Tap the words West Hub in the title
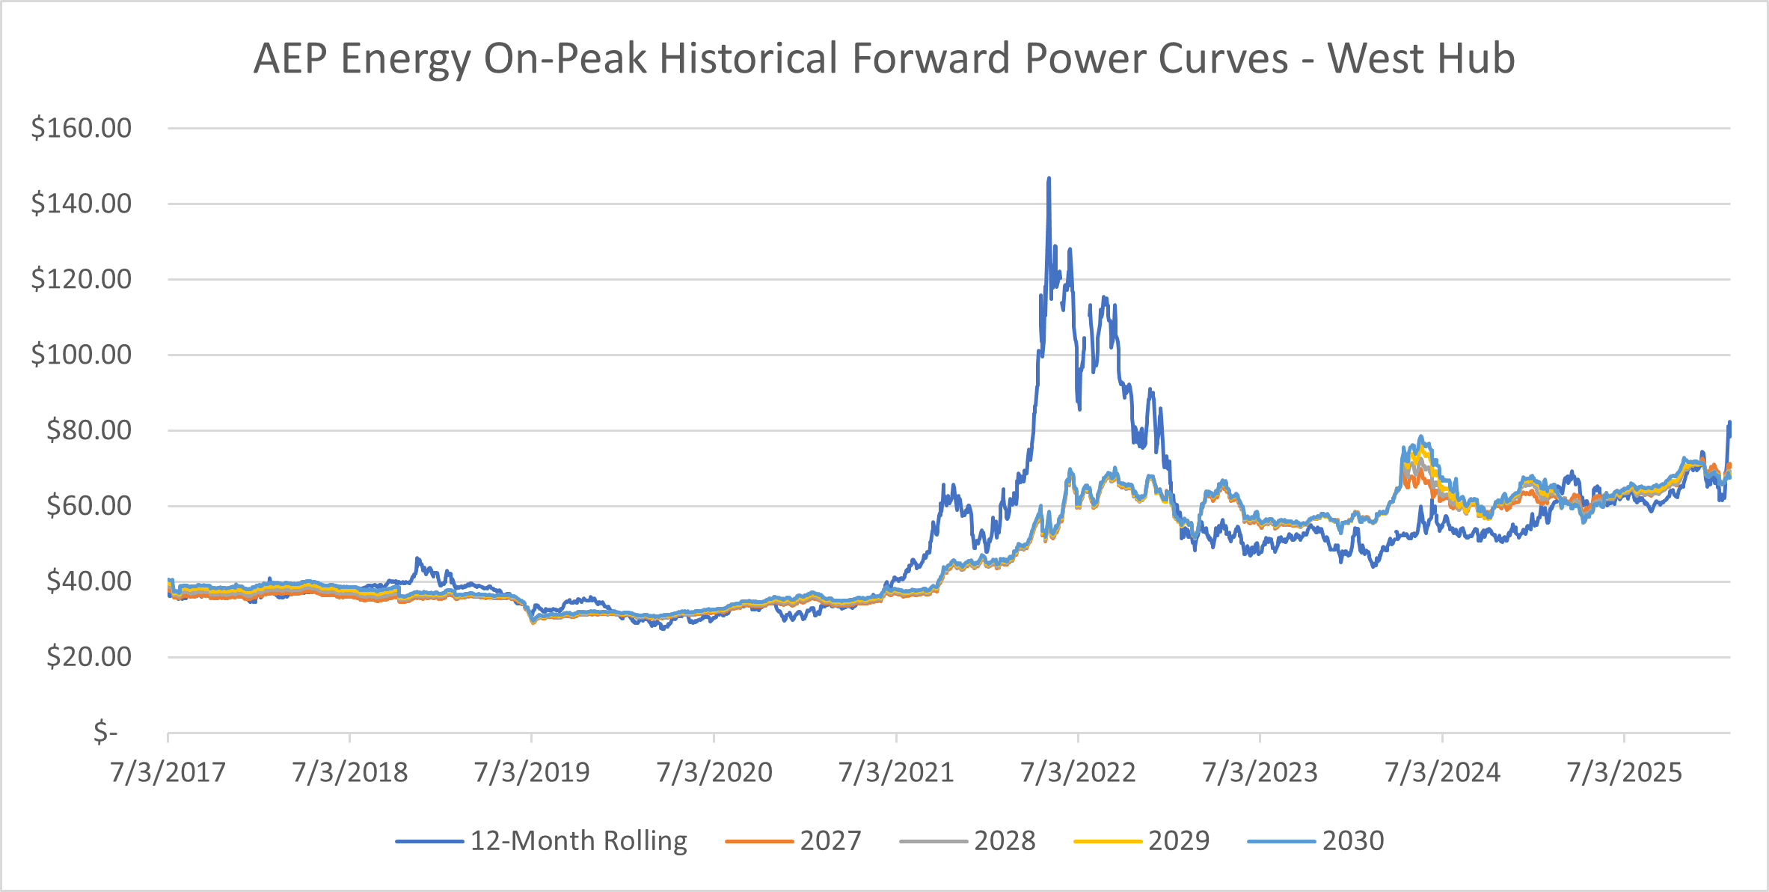point(1421,58)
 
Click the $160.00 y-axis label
point(81,128)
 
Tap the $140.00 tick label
point(81,204)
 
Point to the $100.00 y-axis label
point(81,355)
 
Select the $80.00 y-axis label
point(88,430)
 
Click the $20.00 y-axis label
point(88,657)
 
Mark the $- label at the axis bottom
point(105,732)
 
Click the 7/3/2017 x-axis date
point(168,772)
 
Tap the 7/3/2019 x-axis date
point(532,772)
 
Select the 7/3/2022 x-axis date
point(1078,772)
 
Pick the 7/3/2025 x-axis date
point(1624,772)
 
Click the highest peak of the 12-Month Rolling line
point(1049,179)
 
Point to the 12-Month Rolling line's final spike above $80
point(1729,423)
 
